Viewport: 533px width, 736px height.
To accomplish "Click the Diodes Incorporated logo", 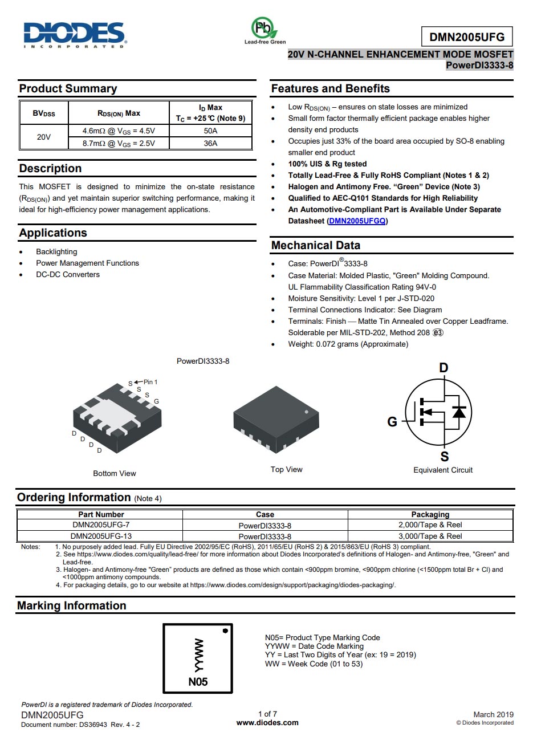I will tap(74, 34).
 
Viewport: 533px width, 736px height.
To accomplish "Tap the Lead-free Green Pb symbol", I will tap(263, 28).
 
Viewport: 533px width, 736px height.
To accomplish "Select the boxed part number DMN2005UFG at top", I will tap(467, 37).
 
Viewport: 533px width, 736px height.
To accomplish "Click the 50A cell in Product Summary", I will tap(210, 131).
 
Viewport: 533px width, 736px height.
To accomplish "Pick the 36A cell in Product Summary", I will tap(210, 143).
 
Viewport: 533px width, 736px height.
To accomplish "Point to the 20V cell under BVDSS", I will tap(44, 137).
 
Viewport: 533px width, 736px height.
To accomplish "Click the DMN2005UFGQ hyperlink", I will tap(357, 221).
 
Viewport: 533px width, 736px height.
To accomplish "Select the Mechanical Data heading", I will tap(315, 245).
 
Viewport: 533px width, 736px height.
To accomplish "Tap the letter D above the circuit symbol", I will tap(444, 368).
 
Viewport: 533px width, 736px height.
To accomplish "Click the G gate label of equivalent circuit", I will tap(392, 422).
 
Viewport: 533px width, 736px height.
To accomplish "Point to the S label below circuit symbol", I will tap(445, 457).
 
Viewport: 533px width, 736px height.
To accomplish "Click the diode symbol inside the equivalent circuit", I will tap(459, 411).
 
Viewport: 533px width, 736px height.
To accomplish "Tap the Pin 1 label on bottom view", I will tap(150, 382).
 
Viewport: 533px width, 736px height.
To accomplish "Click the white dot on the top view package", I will tap(307, 412).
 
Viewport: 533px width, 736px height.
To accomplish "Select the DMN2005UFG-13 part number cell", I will tap(101, 536).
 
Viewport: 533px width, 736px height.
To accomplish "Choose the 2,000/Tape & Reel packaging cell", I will tap(430, 524).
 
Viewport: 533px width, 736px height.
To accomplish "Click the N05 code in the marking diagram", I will tap(198, 682).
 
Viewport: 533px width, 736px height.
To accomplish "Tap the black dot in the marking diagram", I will tap(225, 631).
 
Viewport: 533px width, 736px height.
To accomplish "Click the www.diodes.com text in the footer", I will tap(267, 722).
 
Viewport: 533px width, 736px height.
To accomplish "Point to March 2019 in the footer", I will tap(493, 714).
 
